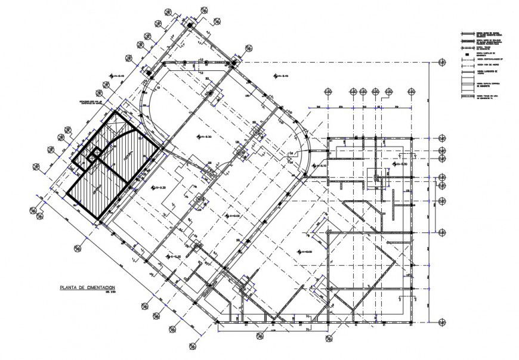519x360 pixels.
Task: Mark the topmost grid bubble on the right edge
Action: click(x=442, y=62)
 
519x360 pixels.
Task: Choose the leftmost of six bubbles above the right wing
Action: click(x=328, y=91)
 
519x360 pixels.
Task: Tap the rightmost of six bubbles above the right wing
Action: click(x=410, y=91)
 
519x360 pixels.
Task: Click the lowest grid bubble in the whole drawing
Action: click(x=192, y=346)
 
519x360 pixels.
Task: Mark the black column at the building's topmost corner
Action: click(x=190, y=26)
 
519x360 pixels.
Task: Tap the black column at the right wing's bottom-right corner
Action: click(x=412, y=322)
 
